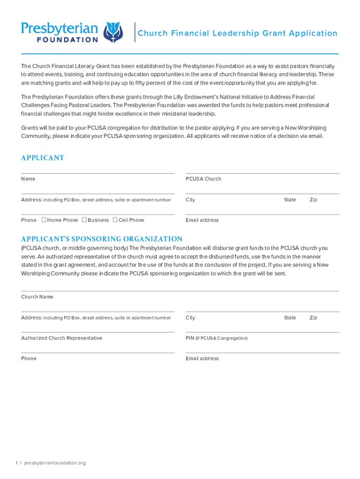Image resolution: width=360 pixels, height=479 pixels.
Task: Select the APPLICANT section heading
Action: point(43,158)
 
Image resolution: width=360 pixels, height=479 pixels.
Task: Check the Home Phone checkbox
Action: point(43,220)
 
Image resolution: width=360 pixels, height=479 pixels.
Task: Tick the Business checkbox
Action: point(84,220)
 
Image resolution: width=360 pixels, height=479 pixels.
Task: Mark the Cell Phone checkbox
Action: point(115,220)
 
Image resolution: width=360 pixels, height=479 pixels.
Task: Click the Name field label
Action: point(28,179)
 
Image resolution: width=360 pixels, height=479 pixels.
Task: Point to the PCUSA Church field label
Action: point(203,179)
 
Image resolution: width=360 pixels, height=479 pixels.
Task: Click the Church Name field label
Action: point(37,297)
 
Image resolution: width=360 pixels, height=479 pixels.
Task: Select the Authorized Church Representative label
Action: point(62,338)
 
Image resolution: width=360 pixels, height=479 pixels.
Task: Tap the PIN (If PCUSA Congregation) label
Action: point(216,338)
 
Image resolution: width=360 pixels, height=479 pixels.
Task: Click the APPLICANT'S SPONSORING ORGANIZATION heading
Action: point(102,239)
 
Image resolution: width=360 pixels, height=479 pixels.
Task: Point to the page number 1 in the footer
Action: point(16,463)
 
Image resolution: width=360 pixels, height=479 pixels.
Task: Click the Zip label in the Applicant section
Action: point(313,200)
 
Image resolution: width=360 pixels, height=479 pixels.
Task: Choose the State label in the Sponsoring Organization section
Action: point(290,318)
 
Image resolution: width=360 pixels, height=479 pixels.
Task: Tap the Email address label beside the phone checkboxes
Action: point(202,220)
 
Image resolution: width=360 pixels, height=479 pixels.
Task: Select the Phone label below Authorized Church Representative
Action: point(29,358)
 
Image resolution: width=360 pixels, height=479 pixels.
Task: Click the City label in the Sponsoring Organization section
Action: point(190,318)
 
